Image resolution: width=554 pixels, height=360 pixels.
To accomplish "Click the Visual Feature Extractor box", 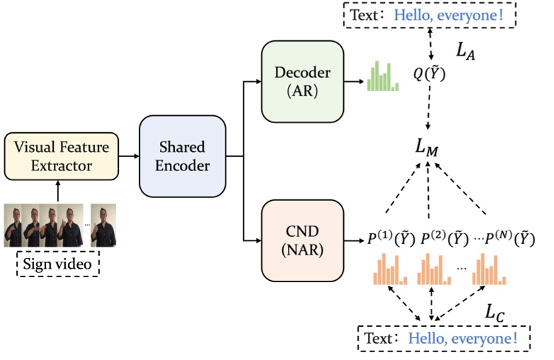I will pyautogui.click(x=61, y=156).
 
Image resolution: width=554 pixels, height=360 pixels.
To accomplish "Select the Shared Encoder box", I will pyautogui.click(x=182, y=156).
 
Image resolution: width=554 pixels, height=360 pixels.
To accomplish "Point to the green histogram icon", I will pyautogui.click(x=382, y=78).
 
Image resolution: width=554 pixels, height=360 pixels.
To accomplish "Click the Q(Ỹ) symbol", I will pyautogui.click(x=429, y=73).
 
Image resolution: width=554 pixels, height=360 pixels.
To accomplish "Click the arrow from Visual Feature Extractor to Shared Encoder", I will pyautogui.click(x=128, y=156).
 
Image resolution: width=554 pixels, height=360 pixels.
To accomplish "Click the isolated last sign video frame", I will pyautogui.click(x=103, y=225).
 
